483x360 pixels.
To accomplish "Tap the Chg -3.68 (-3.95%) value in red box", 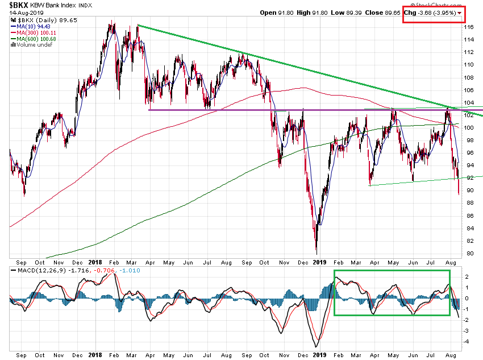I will tap(430, 13).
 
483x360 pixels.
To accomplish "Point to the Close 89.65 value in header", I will tap(382, 13).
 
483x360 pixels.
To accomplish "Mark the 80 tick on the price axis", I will tap(468, 254).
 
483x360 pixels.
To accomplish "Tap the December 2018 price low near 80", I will tap(316, 253).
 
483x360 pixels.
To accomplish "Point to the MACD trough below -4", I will tap(316, 346).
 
